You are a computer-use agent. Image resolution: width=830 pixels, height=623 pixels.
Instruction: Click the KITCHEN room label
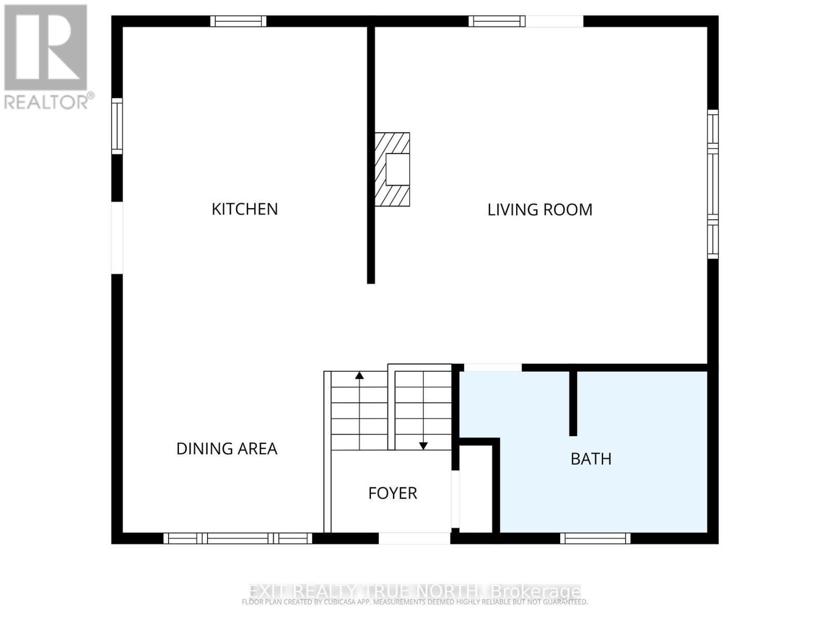pos(244,209)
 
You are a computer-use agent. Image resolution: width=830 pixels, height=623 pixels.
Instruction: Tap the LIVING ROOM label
pos(539,209)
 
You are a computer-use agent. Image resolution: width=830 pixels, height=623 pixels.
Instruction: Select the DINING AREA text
pos(227,449)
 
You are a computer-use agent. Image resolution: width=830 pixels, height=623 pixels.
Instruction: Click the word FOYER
pos(392,493)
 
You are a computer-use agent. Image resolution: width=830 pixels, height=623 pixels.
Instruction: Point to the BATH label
pos(591,459)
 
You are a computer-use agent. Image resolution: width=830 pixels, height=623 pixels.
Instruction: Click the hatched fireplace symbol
pos(393,169)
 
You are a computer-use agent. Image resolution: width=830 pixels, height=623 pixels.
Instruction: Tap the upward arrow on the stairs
pos(359,375)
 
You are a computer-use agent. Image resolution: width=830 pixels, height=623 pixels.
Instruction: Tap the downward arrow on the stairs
pos(423,445)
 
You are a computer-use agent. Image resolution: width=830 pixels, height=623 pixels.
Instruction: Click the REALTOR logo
pos(47,57)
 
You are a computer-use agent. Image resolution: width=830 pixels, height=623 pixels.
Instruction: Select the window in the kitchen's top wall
pos(238,21)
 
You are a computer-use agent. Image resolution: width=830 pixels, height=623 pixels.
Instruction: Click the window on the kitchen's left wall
pos(117,126)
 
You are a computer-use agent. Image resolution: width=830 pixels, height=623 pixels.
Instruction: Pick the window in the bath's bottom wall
pos(595,538)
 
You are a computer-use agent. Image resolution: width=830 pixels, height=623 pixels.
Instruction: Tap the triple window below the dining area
pos(238,538)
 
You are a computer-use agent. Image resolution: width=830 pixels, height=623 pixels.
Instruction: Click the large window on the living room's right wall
pos(713,184)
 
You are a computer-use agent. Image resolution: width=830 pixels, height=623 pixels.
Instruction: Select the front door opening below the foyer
pos(414,538)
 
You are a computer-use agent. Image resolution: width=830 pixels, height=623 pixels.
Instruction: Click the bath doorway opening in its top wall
pos(492,368)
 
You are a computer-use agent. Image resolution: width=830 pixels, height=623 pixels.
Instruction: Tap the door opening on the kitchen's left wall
pos(117,238)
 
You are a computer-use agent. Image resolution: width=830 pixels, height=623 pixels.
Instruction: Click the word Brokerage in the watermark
pos(535,591)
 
